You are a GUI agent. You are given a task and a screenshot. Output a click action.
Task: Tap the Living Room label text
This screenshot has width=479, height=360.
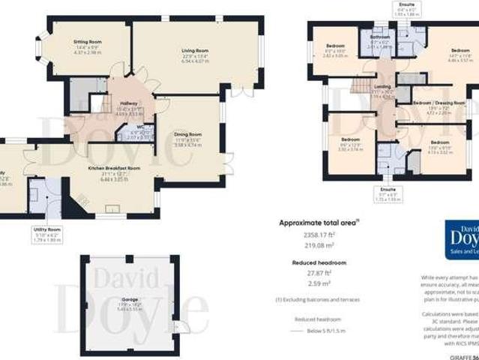(x=194, y=51)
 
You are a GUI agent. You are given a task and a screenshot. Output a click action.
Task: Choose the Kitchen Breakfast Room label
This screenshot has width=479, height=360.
(x=114, y=168)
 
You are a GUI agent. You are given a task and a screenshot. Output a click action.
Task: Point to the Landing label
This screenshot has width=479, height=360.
(x=382, y=88)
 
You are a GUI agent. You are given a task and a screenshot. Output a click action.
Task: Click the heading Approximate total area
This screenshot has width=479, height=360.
(x=316, y=223)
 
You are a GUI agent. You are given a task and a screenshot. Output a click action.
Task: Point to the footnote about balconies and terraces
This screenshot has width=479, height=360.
(x=316, y=299)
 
